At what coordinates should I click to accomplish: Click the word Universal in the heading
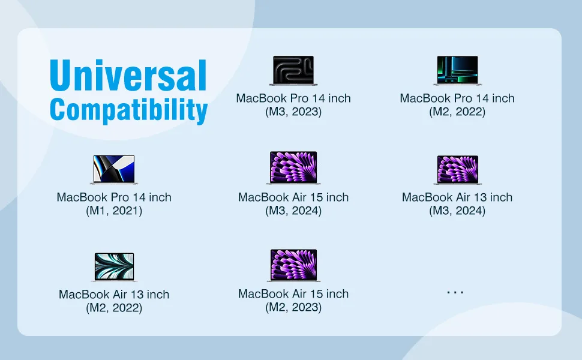(128, 75)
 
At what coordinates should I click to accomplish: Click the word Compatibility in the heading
(128, 110)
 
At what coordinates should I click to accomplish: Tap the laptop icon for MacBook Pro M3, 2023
(293, 71)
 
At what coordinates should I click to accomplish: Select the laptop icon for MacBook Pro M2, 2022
(457, 71)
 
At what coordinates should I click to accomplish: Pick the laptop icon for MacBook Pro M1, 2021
(114, 170)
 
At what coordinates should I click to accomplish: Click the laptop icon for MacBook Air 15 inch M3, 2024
(293, 168)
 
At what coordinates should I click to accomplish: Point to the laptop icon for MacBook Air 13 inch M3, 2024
(457, 170)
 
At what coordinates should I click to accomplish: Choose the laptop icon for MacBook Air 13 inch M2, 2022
(114, 267)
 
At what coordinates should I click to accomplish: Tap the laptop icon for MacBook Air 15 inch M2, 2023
(293, 265)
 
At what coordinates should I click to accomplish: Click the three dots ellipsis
(455, 292)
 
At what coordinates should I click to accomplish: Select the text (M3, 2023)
(293, 112)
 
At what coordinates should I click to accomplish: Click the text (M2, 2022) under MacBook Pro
(457, 112)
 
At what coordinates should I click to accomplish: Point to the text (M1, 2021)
(114, 211)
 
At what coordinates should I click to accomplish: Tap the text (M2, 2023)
(293, 307)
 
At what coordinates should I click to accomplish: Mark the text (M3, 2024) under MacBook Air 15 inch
(293, 211)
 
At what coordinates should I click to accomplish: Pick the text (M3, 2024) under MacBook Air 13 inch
(457, 211)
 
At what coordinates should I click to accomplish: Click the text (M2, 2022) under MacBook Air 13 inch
(114, 308)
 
